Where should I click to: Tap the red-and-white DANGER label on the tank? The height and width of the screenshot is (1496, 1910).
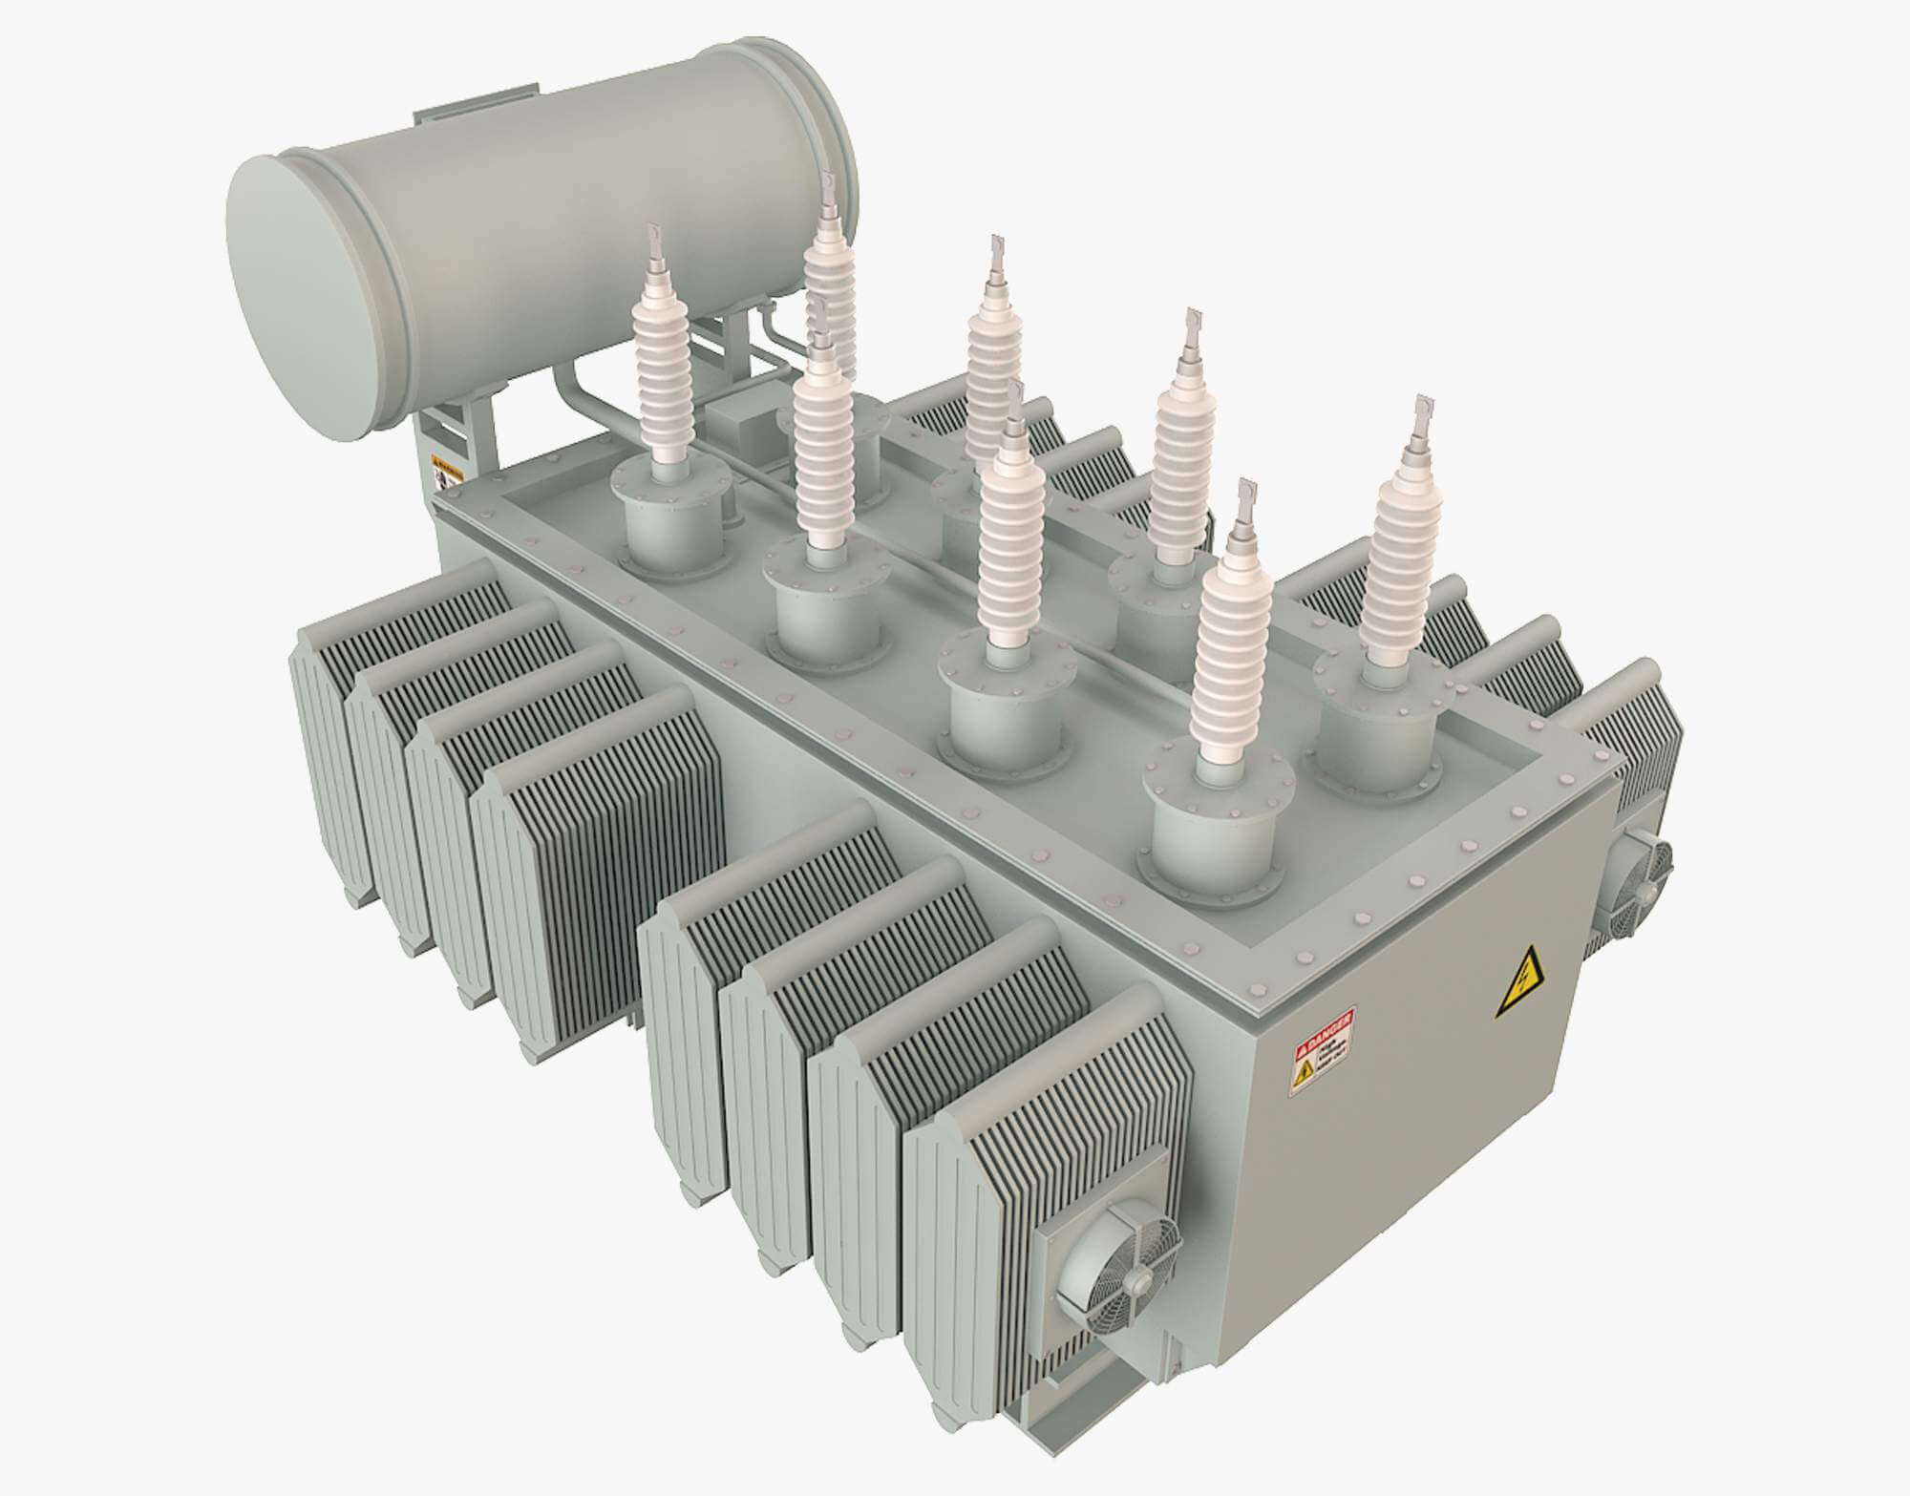pos(1324,1050)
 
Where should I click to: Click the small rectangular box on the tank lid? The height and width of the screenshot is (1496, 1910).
pos(740,420)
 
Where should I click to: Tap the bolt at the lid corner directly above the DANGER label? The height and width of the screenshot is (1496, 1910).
pos(1259,989)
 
